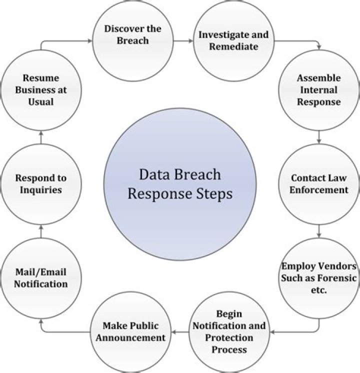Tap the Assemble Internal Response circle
tap(318, 90)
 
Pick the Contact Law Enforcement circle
tap(318, 183)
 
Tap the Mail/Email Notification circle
tap(41, 277)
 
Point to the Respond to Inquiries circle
tap(41, 183)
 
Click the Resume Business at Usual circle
tap(41, 90)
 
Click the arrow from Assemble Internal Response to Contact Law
tap(318, 136)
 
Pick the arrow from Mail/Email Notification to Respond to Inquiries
tap(41, 230)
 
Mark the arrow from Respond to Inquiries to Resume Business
tap(41, 136)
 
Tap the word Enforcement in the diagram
tap(319, 189)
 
